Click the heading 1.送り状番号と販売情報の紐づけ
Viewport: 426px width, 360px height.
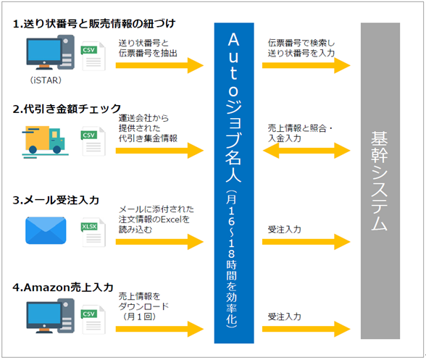pyautogui.click(x=94, y=24)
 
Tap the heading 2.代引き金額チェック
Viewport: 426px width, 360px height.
pyautogui.click(x=67, y=109)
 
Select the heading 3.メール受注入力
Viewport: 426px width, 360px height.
pyautogui.click(x=56, y=200)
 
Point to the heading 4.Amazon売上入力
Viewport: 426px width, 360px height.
pyautogui.click(x=63, y=288)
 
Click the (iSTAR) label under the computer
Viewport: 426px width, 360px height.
pyautogui.click(x=46, y=80)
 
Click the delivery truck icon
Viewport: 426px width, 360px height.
pyautogui.click(x=45, y=141)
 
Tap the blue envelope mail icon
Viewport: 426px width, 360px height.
pyautogui.click(x=46, y=230)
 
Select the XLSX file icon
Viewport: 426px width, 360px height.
pyautogui.click(x=93, y=233)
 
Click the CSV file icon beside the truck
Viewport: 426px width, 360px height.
pyautogui.click(x=93, y=141)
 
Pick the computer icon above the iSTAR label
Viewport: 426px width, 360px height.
pyautogui.click(x=50, y=52)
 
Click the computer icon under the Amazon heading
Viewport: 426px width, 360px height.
pyautogui.click(x=50, y=316)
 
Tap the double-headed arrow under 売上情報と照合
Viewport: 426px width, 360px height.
pyautogui.click(x=306, y=150)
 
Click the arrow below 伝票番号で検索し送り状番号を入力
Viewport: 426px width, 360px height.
pyautogui.click(x=306, y=65)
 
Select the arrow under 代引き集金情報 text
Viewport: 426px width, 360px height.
pyautogui.click(x=159, y=150)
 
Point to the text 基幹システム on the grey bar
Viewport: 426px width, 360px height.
pyautogui.click(x=380, y=181)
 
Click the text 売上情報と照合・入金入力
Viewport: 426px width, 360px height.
pyautogui.click(x=300, y=133)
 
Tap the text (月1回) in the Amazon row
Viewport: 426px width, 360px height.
pyautogui.click(x=139, y=317)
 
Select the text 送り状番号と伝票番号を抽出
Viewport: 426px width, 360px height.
pyautogui.click(x=148, y=48)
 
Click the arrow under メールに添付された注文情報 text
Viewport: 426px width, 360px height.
pyautogui.click(x=159, y=241)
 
